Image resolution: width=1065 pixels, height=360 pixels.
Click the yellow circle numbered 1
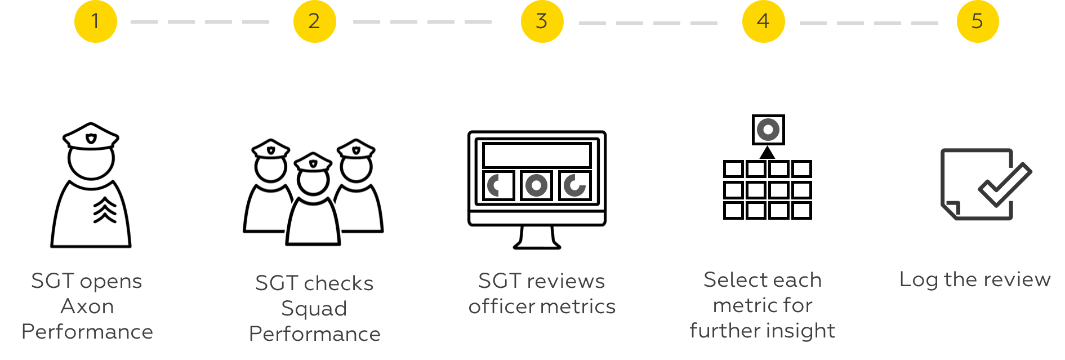tap(96, 21)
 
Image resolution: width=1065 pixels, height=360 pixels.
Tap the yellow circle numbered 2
tap(314, 21)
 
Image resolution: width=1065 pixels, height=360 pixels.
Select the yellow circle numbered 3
tap(542, 21)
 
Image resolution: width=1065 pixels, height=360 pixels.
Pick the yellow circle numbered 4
tap(763, 21)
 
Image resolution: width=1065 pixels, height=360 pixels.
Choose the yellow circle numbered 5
tap(978, 21)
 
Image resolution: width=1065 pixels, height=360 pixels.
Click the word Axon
tap(87, 306)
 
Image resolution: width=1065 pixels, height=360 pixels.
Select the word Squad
tap(314, 309)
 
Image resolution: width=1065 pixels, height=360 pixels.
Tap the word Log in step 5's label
tap(918, 280)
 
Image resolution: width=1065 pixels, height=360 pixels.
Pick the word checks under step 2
tap(338, 283)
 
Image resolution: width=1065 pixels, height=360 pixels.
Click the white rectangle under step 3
tap(537, 155)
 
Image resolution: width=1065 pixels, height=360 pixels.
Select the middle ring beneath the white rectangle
tap(536, 185)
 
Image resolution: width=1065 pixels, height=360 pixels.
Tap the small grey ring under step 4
tap(768, 130)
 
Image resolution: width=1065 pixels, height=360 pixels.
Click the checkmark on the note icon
tap(1005, 184)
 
